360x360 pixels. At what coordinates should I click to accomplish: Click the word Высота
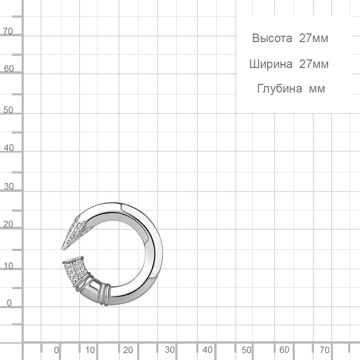point(272,38)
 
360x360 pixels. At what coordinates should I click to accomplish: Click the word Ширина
point(271,64)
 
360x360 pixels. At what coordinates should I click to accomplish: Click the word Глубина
point(280,89)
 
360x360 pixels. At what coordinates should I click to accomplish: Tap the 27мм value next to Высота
point(314,38)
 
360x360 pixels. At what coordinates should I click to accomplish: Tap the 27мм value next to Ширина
point(314,64)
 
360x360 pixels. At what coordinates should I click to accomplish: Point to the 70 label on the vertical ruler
point(8,31)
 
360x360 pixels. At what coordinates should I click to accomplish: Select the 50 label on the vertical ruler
point(8,110)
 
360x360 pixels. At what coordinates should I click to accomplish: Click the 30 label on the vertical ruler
point(9,186)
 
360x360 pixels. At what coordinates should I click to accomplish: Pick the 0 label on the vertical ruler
point(9,303)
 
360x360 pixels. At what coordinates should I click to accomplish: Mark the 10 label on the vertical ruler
point(9,266)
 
